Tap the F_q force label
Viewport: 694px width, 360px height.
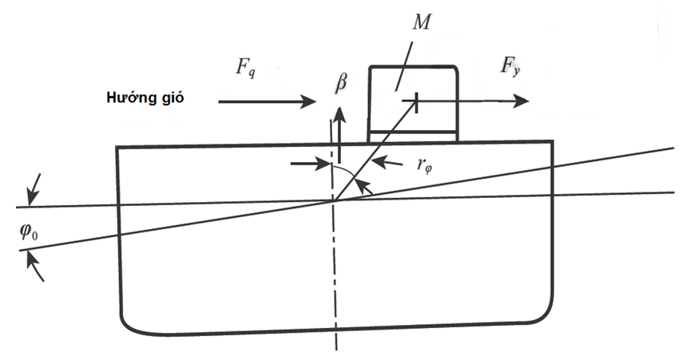(245, 68)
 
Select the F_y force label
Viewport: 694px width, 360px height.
(510, 67)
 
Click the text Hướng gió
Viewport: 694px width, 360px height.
(145, 98)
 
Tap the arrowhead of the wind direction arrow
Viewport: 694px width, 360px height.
(311, 101)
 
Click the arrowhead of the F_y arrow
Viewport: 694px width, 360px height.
(522, 101)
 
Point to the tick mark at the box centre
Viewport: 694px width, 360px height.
(416, 101)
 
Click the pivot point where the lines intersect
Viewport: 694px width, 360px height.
(335, 200)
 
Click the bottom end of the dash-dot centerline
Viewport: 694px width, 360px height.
(336, 349)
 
